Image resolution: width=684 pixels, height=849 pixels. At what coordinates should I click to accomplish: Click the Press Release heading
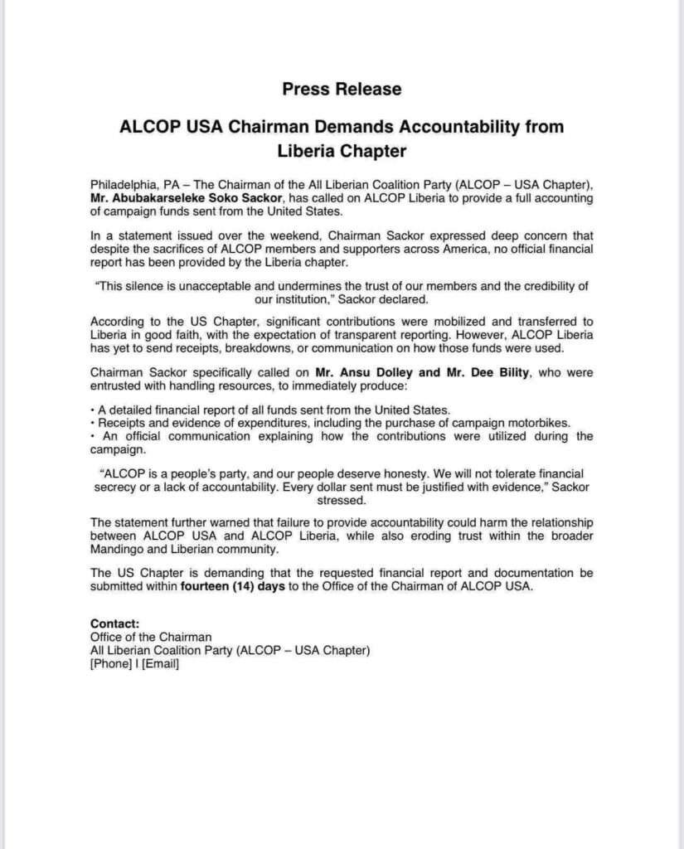coord(342,89)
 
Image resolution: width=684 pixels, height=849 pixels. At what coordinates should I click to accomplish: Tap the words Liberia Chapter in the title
coord(342,151)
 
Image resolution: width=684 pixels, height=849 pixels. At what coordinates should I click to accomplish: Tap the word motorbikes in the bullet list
coord(537,423)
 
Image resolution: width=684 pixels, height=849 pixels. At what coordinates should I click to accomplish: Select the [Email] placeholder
coord(161,663)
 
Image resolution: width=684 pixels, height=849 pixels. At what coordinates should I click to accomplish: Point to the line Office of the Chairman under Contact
coord(151,637)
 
